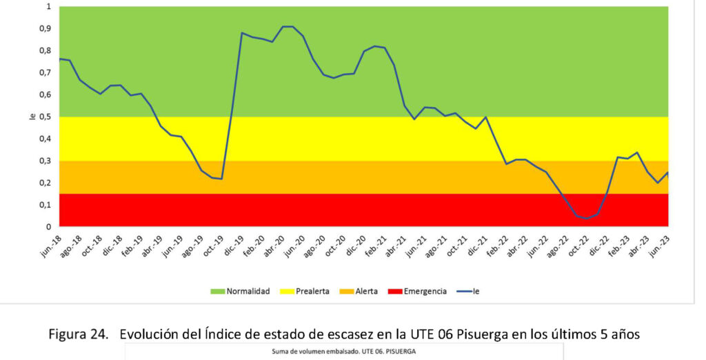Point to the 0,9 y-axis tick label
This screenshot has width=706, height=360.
coord(46,28)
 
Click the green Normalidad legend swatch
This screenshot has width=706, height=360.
coord(218,291)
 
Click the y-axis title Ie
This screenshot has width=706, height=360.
coord(32,117)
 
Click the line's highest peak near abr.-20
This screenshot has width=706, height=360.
coord(288,27)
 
